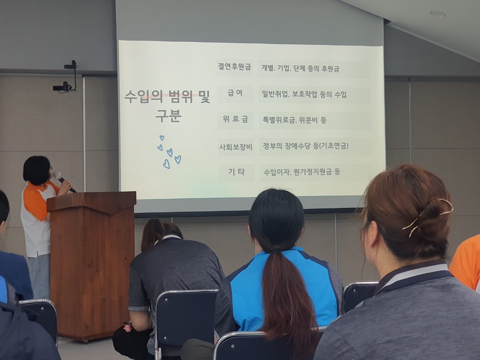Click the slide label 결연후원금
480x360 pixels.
[234, 67]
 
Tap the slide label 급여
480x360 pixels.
[235, 93]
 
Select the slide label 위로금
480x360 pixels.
[235, 119]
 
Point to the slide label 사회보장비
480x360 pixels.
[235, 147]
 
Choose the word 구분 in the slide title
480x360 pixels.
[168, 116]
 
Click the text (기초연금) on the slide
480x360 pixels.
[333, 146]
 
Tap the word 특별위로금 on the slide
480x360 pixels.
[278, 120]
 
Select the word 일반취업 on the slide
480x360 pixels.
[275, 94]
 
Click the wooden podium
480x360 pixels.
[92, 265]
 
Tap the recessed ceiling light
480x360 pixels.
[437, 14]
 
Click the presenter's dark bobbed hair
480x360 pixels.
[37, 168]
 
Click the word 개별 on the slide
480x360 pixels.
[268, 68]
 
